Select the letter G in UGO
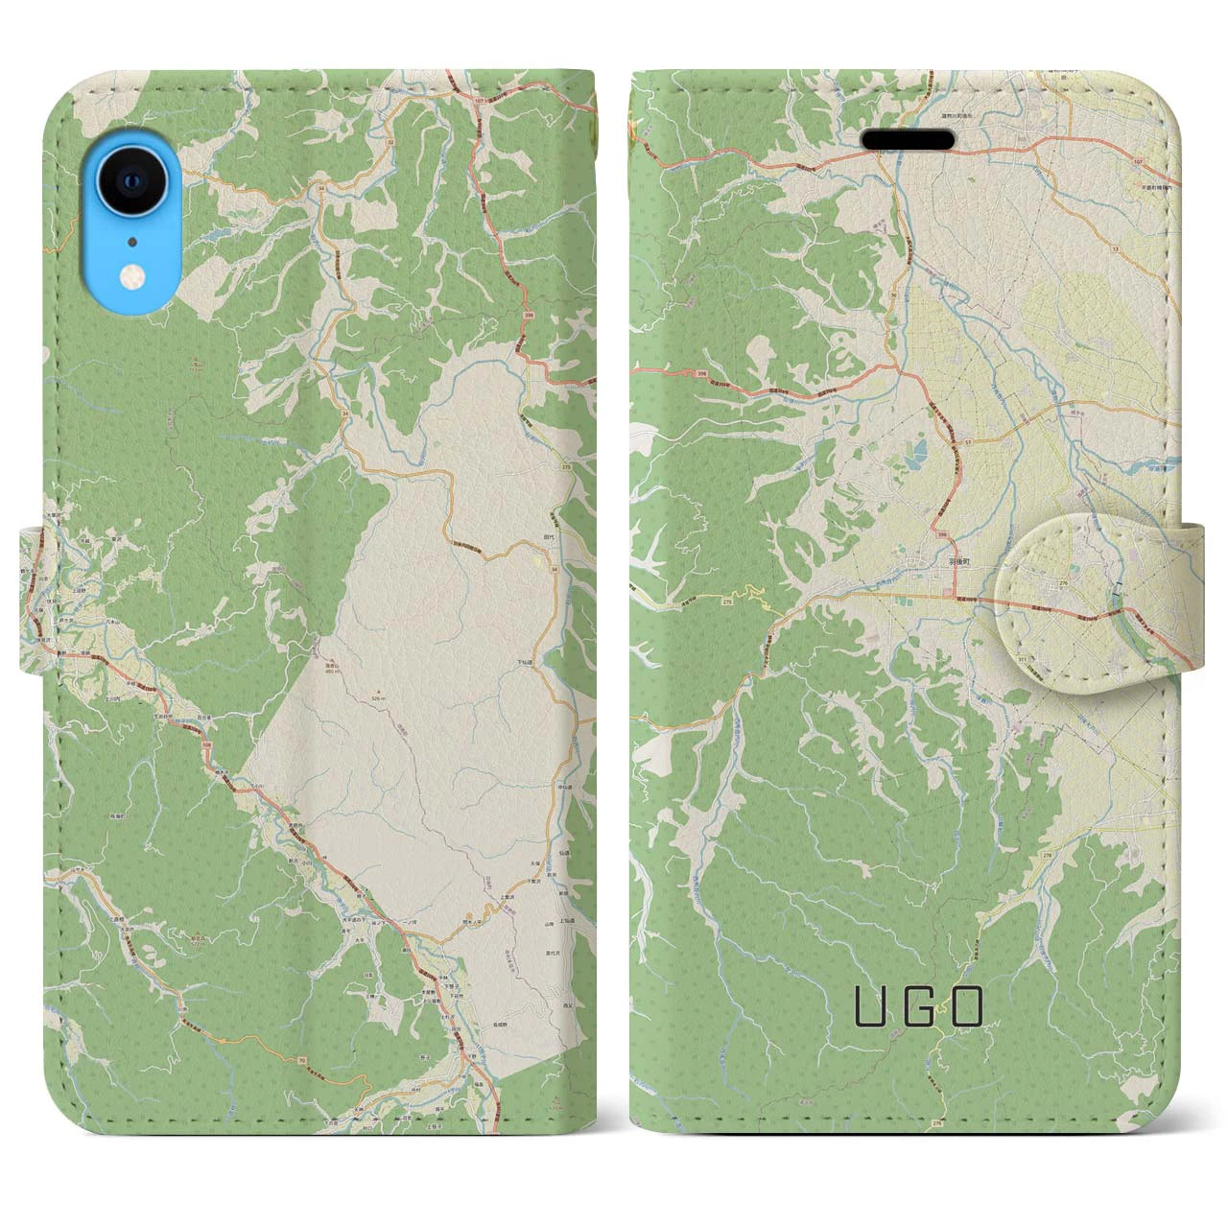coord(917,1006)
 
